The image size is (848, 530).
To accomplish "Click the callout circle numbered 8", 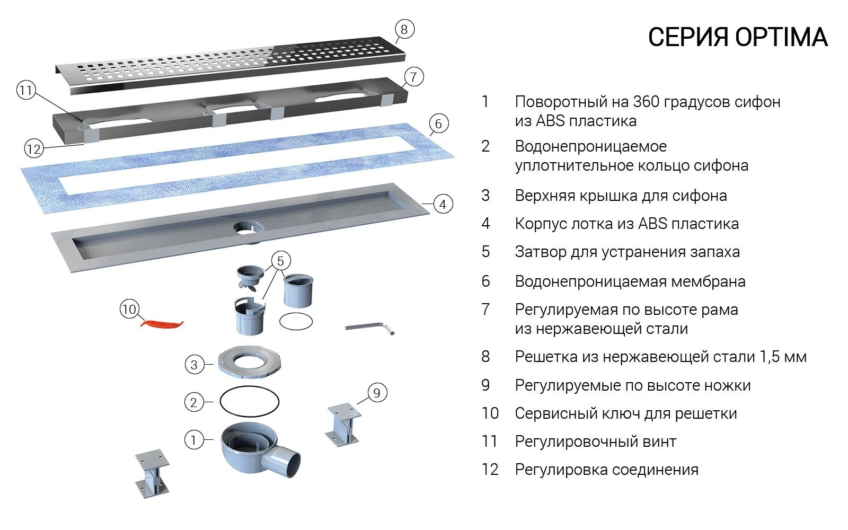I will point(404,29).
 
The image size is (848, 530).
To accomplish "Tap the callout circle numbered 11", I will point(25,91).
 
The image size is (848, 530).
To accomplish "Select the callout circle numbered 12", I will point(33,149).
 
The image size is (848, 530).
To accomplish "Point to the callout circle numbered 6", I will point(438,124).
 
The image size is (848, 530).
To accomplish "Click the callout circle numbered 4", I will point(443,204).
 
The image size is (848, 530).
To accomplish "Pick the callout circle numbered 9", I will point(376,393).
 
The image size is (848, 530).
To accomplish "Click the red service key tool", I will point(161,323).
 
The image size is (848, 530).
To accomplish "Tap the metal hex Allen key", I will point(369,328).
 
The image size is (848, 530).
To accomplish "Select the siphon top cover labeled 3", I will point(249,363).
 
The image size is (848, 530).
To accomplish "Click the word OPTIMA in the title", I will point(781,37).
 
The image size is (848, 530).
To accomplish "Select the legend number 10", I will point(490,413).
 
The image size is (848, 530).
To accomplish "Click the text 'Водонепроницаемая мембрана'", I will point(630,281).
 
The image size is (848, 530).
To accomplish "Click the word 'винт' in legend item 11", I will point(659,441).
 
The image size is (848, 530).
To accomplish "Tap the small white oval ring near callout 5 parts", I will point(296,321).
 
